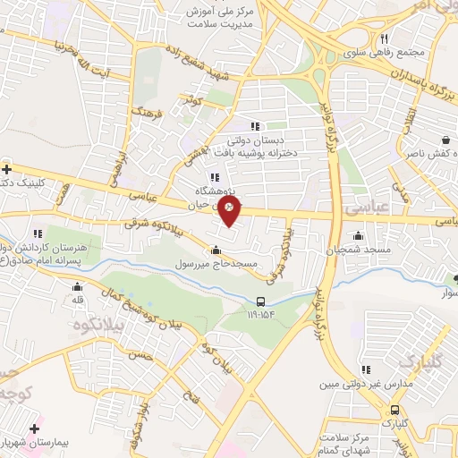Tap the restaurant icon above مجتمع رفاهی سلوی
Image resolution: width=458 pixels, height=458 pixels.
[x=385, y=38]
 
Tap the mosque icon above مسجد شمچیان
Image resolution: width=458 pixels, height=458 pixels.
[x=359, y=236]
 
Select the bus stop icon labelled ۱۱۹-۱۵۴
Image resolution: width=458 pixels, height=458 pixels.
[x=259, y=301]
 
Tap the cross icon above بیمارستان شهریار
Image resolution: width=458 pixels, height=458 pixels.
[x=36, y=428]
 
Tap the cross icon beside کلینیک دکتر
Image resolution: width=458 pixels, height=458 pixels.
[x=7, y=168]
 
